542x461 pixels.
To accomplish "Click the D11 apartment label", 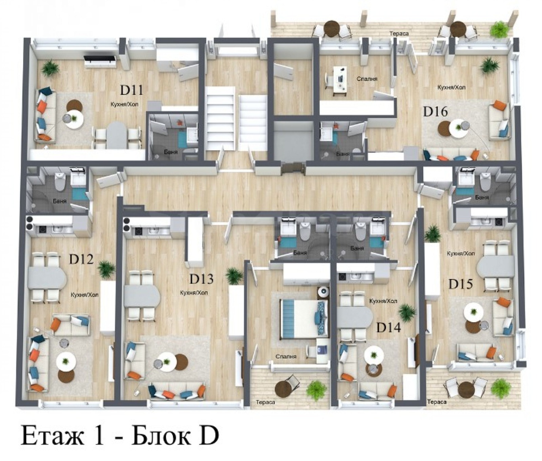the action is click(131, 90).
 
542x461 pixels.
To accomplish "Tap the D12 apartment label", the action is click(81, 259).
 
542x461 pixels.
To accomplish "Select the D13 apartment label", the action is click(201, 279).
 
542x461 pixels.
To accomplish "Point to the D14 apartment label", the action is click(389, 327).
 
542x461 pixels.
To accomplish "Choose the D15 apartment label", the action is click(461, 284).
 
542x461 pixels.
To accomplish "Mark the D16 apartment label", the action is click(435, 111).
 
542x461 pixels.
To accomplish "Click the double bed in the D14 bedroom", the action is click(304, 319).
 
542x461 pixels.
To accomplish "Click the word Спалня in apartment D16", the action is click(367, 79).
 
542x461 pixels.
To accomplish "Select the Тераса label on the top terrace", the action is click(399, 34).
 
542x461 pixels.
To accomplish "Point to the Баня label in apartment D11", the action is click(170, 152).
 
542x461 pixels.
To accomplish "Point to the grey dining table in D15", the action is click(496, 266).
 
